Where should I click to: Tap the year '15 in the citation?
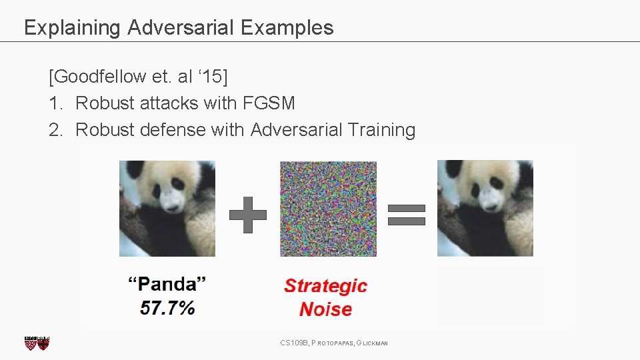213,77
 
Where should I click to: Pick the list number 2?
55,130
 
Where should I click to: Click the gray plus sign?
247,215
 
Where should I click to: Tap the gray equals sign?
406,215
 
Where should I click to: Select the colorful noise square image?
328,209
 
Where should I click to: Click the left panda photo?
167,209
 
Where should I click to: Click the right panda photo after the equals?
485,209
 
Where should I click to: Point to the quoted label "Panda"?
167,285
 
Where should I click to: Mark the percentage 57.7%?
167,308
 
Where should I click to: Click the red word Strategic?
325,286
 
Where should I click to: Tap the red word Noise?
325,309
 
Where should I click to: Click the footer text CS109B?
294,343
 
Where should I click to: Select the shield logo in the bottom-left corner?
37,343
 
